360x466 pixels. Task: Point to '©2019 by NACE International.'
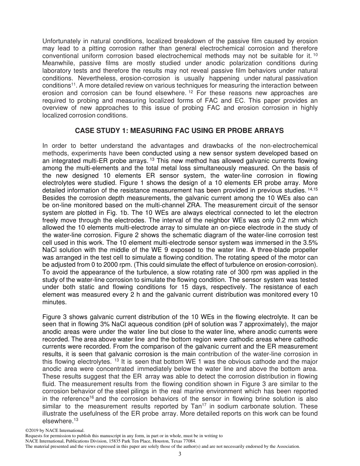click(55, 430)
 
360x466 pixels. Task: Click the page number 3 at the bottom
click(180, 455)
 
